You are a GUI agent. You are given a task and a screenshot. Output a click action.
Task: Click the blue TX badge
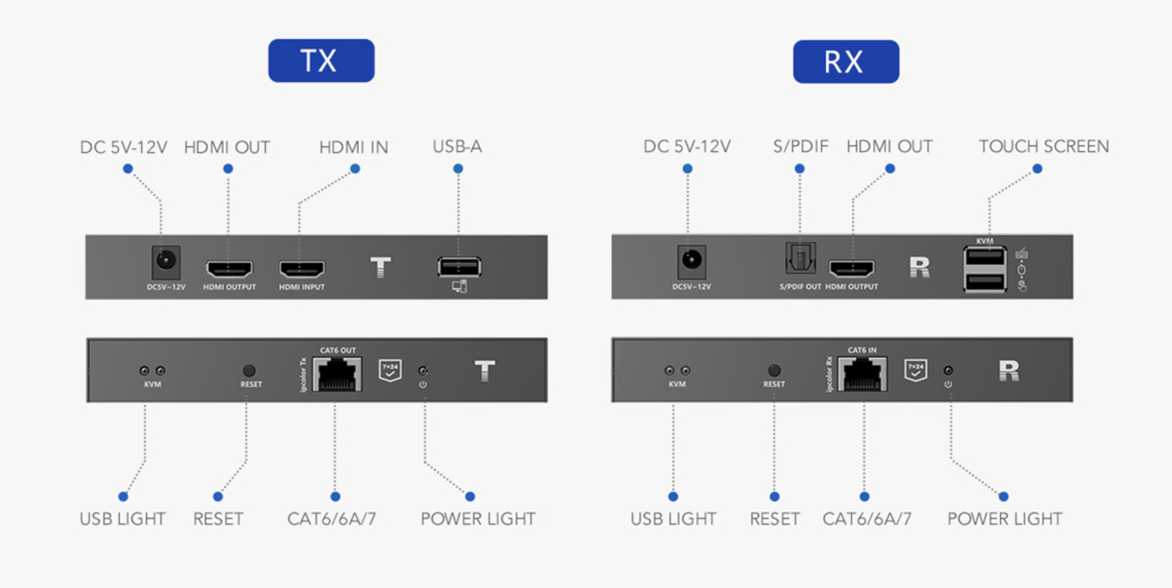pos(321,60)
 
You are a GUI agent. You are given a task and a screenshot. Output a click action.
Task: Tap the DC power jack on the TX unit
pos(166,261)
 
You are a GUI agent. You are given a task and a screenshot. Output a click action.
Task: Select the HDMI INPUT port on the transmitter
pos(302,269)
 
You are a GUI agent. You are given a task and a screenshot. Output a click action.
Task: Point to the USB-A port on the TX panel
pos(459,267)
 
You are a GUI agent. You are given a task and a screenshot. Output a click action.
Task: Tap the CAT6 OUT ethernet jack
pos(337,374)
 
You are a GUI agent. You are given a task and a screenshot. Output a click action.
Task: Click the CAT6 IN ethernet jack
pos(862,374)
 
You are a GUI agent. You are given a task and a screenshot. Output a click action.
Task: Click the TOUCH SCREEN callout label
pos(1044,147)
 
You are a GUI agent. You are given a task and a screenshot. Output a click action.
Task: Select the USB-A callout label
pos(457,147)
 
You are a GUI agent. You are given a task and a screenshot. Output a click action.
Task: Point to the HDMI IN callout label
pos(354,147)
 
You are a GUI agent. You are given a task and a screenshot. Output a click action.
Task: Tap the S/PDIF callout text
pos(801,147)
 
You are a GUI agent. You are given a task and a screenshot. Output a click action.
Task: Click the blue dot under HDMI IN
pos(355,169)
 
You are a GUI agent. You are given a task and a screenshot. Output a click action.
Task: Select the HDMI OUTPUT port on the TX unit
pos(229,269)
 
